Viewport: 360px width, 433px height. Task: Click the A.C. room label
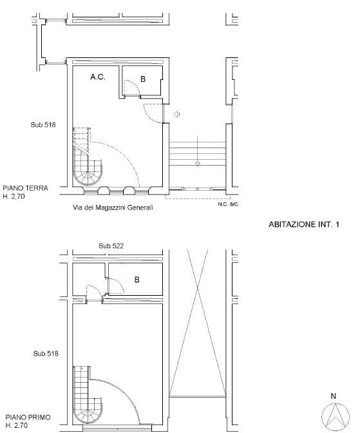click(98, 77)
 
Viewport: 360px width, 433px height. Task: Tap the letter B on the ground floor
click(143, 79)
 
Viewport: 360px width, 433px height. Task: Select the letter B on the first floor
click(137, 280)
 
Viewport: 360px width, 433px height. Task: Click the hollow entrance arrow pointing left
click(176, 114)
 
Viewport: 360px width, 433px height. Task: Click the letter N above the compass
click(333, 396)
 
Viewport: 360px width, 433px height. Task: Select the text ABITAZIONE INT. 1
click(304, 224)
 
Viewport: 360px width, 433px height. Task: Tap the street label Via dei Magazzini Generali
click(113, 207)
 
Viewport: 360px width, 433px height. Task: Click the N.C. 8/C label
click(228, 204)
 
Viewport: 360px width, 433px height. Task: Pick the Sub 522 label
click(111, 245)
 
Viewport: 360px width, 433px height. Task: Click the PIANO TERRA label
click(25, 188)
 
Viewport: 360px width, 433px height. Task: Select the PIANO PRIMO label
click(28, 418)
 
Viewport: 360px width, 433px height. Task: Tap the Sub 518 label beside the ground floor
click(43, 125)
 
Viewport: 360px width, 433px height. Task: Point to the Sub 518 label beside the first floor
click(46, 354)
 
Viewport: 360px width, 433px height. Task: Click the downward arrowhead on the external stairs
click(198, 164)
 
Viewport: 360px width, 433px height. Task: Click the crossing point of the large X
click(198, 288)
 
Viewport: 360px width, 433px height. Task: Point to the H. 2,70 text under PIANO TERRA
click(14, 197)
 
